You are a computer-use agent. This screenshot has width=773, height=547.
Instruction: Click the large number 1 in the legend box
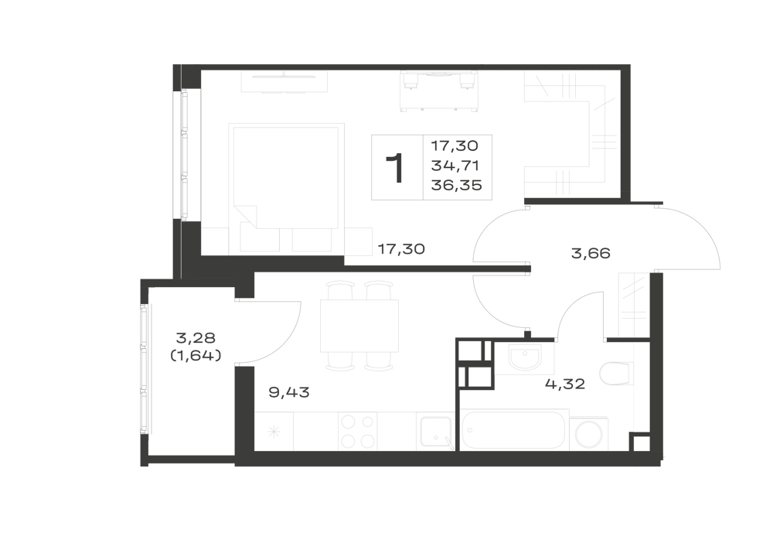point(396,168)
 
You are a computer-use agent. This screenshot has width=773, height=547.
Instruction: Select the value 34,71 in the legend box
point(455,166)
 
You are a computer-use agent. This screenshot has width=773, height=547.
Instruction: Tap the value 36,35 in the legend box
point(456,185)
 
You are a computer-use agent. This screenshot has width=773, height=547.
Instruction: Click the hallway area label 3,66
point(591,254)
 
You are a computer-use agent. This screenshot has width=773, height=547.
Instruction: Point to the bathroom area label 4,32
point(565,384)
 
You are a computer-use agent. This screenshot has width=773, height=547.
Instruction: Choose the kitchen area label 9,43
point(289,392)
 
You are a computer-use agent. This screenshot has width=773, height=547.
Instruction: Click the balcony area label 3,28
point(196,338)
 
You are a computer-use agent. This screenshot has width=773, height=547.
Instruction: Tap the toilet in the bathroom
point(617,374)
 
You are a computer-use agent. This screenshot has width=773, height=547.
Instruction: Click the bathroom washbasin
point(524,357)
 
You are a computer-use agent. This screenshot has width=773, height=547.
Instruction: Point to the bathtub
point(514,429)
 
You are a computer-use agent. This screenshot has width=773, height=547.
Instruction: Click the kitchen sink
point(435,432)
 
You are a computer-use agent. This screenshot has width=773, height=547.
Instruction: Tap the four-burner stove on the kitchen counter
point(357,431)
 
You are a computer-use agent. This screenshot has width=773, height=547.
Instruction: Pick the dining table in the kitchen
point(359,326)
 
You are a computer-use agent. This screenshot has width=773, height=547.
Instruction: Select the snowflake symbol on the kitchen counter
point(274,432)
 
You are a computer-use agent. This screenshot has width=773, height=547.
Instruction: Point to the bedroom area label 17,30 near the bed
point(400,249)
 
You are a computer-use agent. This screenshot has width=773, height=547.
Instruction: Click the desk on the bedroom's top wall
point(284,81)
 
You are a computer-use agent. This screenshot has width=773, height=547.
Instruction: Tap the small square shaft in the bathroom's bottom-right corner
point(640,442)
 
